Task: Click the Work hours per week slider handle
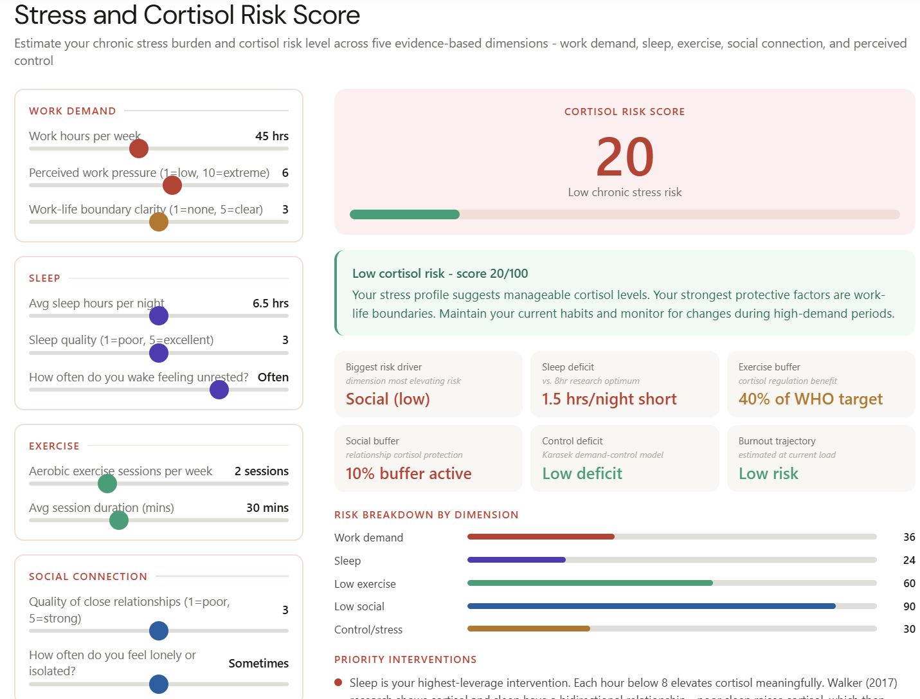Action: [x=139, y=149]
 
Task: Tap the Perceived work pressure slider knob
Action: [x=172, y=185]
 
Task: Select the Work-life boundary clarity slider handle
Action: [x=159, y=222]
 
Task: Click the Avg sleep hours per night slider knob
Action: [x=159, y=316]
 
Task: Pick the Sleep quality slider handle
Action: [x=159, y=352]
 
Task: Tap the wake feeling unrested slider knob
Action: [x=219, y=390]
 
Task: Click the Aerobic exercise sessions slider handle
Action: [x=107, y=484]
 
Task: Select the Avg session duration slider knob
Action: [x=119, y=520]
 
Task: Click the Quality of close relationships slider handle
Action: [x=159, y=631]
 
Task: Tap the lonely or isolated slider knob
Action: [x=159, y=684]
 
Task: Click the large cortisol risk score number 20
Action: [x=624, y=157]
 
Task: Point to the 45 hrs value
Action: [x=271, y=136]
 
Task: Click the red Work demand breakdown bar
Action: [x=541, y=536]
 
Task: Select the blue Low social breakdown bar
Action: [x=651, y=606]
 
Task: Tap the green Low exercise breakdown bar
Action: [x=590, y=583]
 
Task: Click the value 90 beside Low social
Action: [x=909, y=606]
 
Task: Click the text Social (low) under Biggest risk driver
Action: [x=388, y=399]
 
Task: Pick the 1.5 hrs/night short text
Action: [x=609, y=399]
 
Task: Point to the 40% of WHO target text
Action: [x=810, y=399]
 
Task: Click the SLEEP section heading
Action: [x=44, y=278]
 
